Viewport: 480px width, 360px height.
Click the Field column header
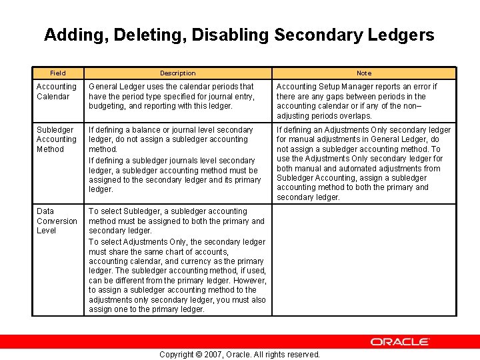58,73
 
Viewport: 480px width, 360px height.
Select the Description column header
177,73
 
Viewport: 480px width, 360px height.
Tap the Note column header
364,73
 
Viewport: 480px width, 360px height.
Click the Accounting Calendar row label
56,91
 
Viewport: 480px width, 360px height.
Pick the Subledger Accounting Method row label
56,139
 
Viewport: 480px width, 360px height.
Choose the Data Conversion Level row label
57,221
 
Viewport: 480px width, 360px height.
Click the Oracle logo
400,342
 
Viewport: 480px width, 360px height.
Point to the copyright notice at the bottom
239,354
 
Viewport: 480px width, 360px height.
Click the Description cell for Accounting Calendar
177,96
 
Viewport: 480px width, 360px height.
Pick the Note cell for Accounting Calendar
364,101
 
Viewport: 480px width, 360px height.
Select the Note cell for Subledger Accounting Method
364,163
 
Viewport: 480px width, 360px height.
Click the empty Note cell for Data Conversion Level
364,260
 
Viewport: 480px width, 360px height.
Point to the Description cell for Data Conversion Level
177,260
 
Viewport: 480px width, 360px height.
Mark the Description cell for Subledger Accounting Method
177,159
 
